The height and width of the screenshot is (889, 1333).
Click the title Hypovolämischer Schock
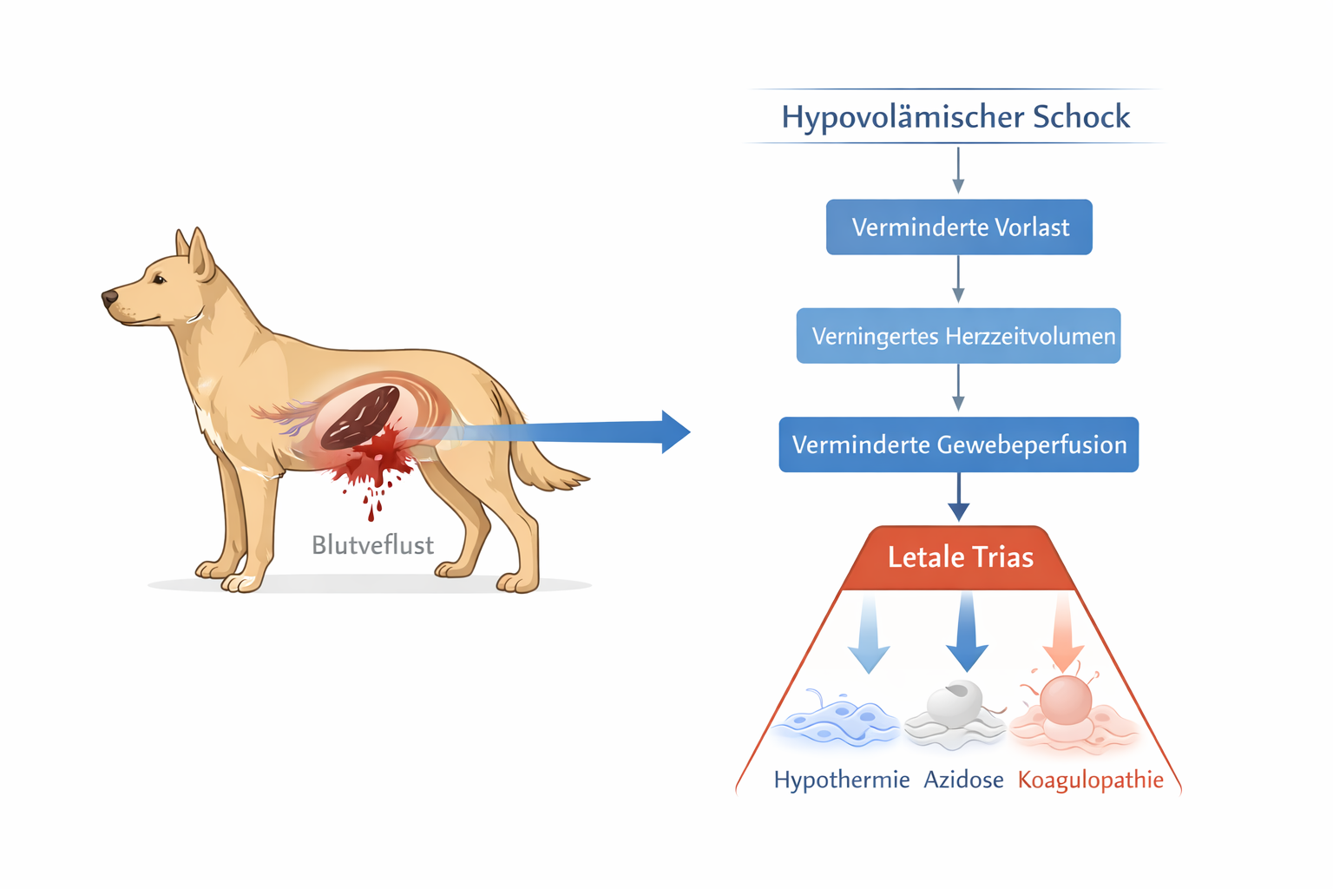955,117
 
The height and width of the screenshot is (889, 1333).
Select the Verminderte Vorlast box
959,227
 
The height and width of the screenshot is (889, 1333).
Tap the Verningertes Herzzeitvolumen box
959,336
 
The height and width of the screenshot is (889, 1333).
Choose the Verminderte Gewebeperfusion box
959,444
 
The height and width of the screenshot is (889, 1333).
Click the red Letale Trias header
960,557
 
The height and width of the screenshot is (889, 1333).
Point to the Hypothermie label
841,780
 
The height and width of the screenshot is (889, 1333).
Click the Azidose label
963,780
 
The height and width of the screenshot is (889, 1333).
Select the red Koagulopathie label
1090,780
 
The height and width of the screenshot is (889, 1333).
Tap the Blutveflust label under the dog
372,545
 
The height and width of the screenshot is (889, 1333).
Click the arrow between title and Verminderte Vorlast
958,170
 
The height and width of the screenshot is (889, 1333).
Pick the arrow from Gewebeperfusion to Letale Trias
959,497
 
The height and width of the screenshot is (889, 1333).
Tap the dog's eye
159,279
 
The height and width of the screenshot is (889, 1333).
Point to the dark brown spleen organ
361,418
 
